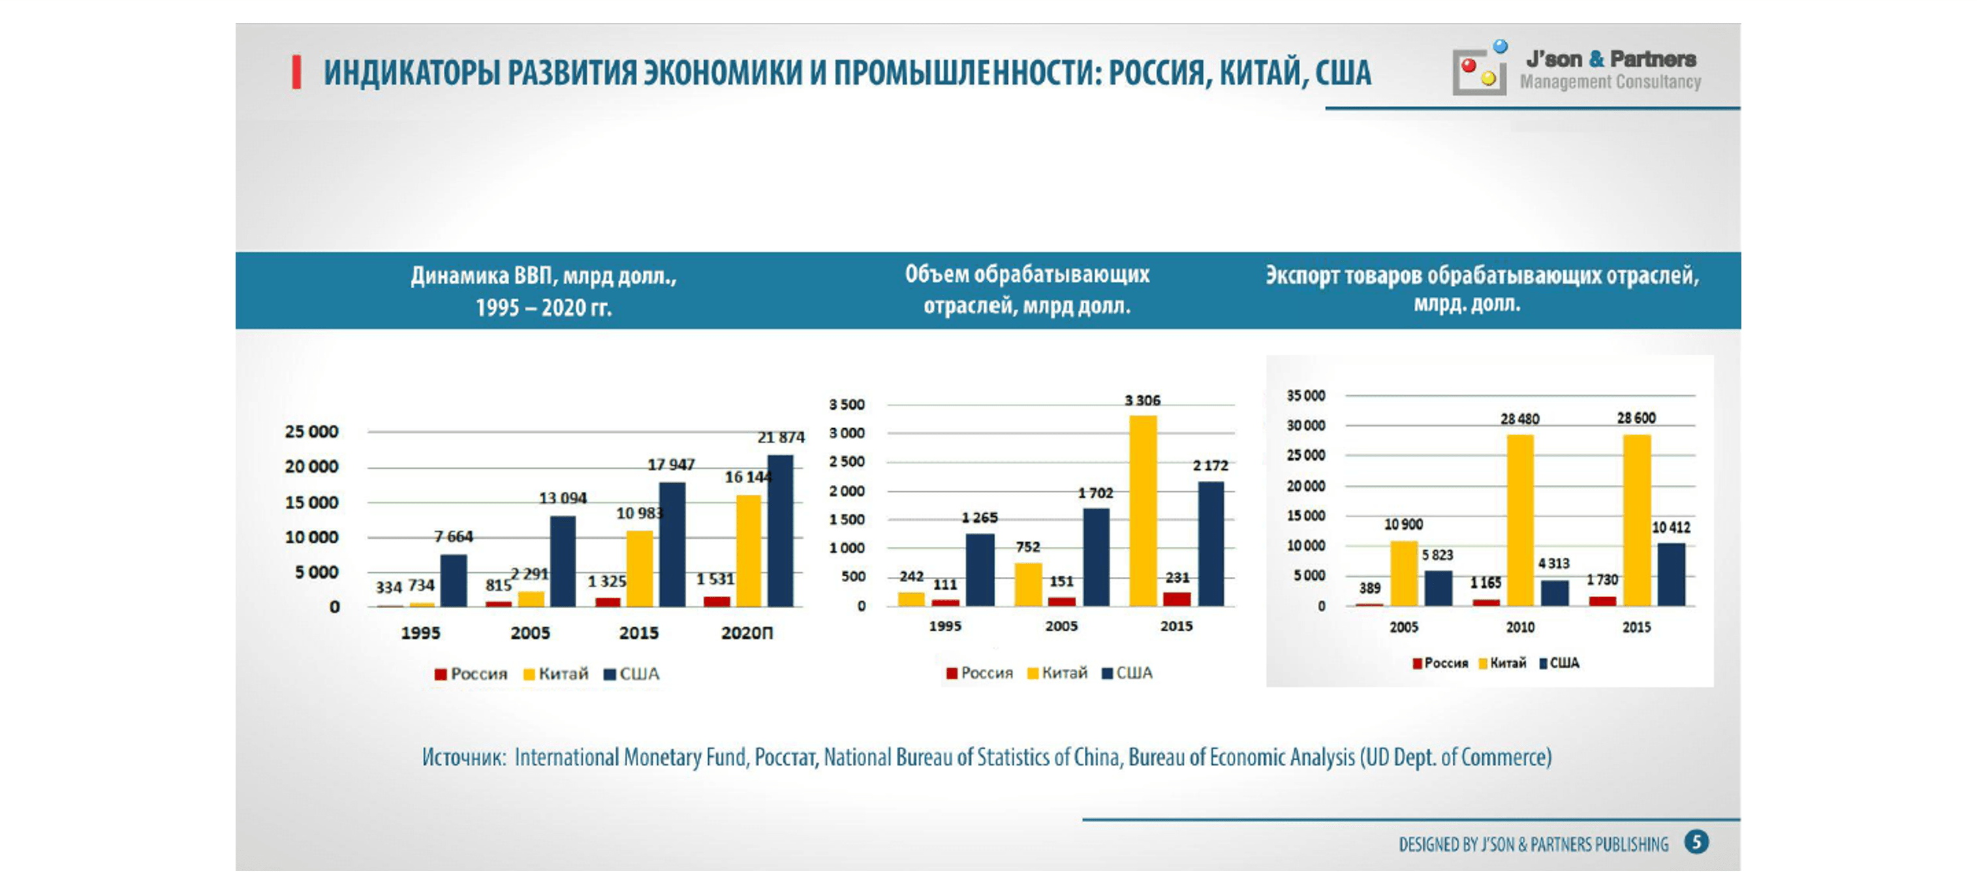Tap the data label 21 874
tap(781, 437)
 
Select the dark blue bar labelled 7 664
tap(453, 581)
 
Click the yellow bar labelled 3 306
tap(1143, 510)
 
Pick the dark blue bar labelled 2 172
tap(1211, 544)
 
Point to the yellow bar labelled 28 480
tap(1519, 519)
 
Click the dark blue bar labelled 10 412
tap(1671, 574)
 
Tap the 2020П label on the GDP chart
tap(747, 633)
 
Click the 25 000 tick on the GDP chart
tap(311, 432)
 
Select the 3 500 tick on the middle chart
tap(847, 405)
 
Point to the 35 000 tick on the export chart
tap(1305, 395)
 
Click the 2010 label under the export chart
tap(1519, 627)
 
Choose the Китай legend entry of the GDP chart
tap(555, 673)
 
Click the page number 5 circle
tap(1696, 842)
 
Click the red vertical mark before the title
tap(296, 73)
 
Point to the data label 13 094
tap(563, 498)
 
